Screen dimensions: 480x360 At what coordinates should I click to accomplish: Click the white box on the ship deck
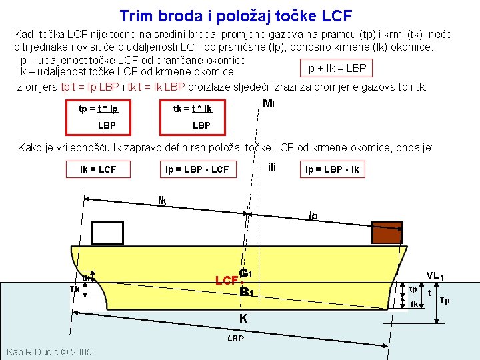[108, 232]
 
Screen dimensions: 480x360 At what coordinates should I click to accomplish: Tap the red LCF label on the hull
[226, 280]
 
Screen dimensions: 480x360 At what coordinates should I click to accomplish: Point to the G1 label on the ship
[245, 273]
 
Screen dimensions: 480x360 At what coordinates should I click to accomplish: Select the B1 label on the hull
[246, 292]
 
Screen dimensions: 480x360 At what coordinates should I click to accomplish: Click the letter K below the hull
[243, 319]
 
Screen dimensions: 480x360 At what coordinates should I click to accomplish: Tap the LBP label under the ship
[235, 338]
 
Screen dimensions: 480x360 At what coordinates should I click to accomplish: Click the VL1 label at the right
[436, 275]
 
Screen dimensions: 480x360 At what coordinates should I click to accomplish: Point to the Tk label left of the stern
[75, 289]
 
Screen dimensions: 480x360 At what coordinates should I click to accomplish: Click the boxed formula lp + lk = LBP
[335, 68]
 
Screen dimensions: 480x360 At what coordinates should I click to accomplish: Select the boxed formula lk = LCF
[98, 169]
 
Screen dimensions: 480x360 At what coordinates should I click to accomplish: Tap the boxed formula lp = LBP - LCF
[197, 169]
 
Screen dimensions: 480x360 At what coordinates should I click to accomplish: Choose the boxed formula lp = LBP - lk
[332, 169]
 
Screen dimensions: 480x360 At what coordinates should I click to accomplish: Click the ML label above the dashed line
[270, 104]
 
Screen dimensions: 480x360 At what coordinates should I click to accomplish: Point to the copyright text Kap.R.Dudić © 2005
[49, 351]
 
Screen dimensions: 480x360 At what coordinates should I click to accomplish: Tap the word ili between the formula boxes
[271, 167]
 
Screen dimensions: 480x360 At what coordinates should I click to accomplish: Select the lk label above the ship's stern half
[163, 200]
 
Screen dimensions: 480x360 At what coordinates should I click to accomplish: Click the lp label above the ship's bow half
[313, 215]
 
